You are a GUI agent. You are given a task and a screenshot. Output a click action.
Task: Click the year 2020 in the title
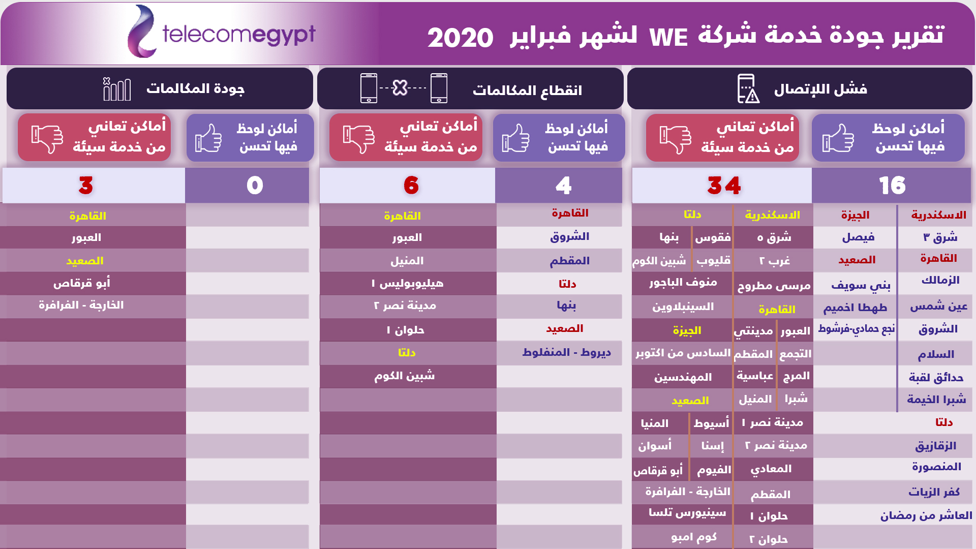(x=460, y=38)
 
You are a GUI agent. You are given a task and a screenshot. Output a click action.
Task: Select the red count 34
(x=724, y=186)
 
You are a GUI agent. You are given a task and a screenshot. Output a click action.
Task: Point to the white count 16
(x=892, y=186)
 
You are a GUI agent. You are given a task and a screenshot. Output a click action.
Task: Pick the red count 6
(x=411, y=186)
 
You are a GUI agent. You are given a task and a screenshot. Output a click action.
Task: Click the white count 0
(x=255, y=186)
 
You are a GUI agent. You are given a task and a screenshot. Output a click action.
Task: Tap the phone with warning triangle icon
(x=748, y=88)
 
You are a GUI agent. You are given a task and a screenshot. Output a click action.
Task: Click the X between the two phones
(x=400, y=88)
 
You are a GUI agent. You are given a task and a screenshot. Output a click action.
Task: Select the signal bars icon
(x=117, y=89)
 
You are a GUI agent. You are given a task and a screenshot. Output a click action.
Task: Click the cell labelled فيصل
(x=858, y=237)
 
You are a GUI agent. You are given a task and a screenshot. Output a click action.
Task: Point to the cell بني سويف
(x=861, y=286)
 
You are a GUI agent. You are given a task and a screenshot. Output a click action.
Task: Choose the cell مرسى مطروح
(x=774, y=286)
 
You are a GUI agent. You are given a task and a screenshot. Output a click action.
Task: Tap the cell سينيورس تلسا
(x=687, y=513)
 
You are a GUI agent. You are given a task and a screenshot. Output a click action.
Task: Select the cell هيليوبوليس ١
(x=407, y=284)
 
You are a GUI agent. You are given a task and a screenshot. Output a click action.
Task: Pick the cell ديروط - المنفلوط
(x=566, y=353)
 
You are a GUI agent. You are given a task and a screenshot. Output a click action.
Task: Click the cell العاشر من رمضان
(x=926, y=516)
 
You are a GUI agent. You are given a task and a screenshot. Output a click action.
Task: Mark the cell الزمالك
(x=940, y=280)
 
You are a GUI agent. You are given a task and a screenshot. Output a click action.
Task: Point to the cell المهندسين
(x=683, y=378)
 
